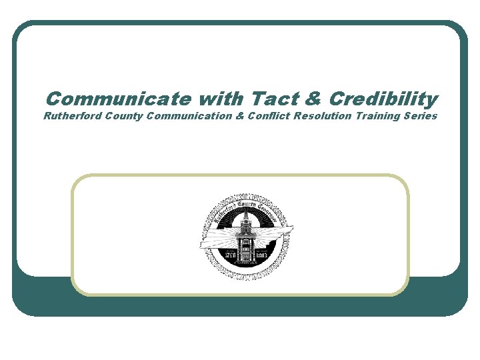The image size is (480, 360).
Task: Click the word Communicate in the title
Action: [x=117, y=100]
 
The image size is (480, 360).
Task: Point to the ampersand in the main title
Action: [x=311, y=100]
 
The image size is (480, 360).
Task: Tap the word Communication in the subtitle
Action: [x=190, y=117]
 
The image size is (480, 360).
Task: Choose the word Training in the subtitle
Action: [x=377, y=117]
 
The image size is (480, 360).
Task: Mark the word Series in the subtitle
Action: [x=420, y=117]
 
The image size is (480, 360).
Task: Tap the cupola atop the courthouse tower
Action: [x=246, y=217]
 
